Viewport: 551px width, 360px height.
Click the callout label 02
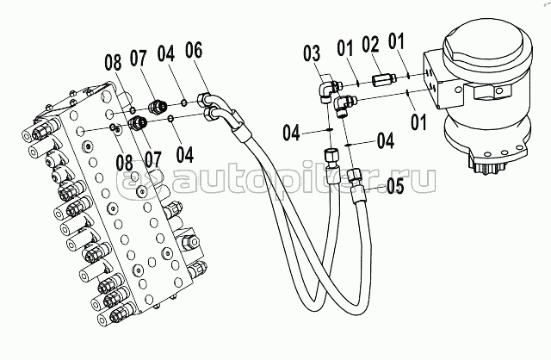pyautogui.click(x=371, y=46)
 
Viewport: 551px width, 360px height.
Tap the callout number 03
pyautogui.click(x=312, y=53)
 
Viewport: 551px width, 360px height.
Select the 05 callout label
pyautogui.click(x=395, y=186)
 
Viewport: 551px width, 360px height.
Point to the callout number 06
pyautogui.click(x=194, y=50)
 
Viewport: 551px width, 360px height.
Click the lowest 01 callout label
pyautogui.click(x=418, y=122)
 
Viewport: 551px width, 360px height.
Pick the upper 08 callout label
pyautogui.click(x=113, y=63)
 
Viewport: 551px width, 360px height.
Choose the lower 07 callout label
pyautogui.click(x=153, y=160)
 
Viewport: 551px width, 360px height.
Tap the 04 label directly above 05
pyautogui.click(x=386, y=140)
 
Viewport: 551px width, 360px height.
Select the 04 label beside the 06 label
pyautogui.click(x=166, y=54)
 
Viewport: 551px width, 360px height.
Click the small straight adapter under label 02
pyautogui.click(x=383, y=79)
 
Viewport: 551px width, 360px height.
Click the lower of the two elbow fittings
pyautogui.click(x=344, y=106)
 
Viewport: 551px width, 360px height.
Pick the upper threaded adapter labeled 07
pyautogui.click(x=157, y=106)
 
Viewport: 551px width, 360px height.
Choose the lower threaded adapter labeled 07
pyautogui.click(x=137, y=123)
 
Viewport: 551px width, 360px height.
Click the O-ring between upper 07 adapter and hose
pyautogui.click(x=184, y=102)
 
